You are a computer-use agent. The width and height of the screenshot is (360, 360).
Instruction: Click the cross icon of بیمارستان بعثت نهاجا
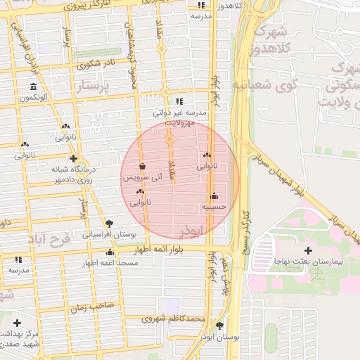pos(308,250)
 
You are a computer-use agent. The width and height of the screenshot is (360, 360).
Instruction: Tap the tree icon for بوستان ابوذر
pos(221,326)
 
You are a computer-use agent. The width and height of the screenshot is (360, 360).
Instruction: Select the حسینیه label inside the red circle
pos(214,207)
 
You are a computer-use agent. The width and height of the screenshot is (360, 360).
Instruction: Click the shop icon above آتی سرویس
pos(143,167)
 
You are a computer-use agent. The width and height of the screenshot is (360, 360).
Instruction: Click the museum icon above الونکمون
pos(33,87)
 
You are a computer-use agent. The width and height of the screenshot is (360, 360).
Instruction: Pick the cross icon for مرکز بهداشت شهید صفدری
pos(17,323)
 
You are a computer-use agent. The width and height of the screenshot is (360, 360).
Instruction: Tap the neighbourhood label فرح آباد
pos(50,240)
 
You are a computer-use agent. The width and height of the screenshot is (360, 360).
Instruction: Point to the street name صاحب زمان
pos(91,307)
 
